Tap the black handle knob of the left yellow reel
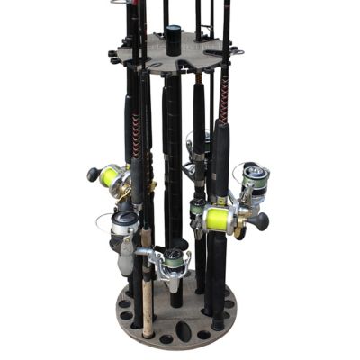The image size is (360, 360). pos(92,175)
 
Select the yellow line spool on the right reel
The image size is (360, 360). pos(217,218)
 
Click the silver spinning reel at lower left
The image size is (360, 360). pos(123,231)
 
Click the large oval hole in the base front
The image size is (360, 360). pos(183,330)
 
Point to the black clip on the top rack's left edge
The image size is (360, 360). pos(112,57)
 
